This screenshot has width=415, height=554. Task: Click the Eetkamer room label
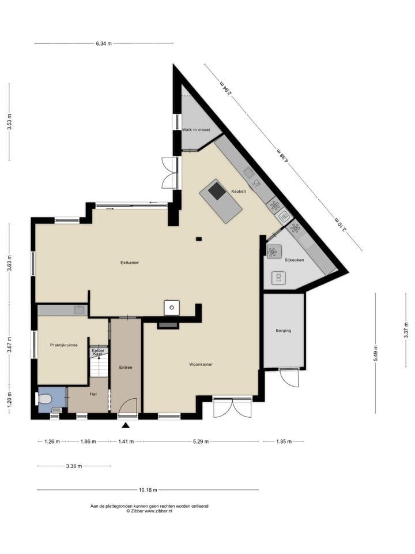point(130,263)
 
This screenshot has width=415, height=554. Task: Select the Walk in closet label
point(196,130)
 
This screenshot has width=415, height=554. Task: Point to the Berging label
point(284,331)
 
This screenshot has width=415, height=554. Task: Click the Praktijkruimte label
point(63,345)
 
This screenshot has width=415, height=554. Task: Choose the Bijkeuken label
point(294,260)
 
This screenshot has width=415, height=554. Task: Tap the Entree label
point(126,367)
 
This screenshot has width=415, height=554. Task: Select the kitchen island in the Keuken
point(221,200)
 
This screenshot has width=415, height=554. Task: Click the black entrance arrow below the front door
point(126,426)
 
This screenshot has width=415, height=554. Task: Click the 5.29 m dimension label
point(200,441)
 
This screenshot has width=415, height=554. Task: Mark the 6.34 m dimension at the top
point(104,43)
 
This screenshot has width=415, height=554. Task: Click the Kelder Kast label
point(97,351)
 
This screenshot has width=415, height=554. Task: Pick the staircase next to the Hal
point(99,365)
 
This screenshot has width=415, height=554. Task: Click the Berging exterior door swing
point(290,379)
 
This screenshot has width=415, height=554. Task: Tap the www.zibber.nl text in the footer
point(158,511)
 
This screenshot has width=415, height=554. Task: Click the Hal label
point(93,394)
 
